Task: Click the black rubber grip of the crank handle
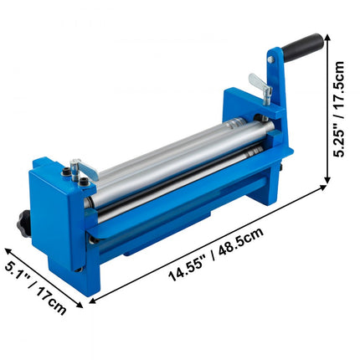(303, 45)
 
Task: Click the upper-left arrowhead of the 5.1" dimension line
(7, 249)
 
